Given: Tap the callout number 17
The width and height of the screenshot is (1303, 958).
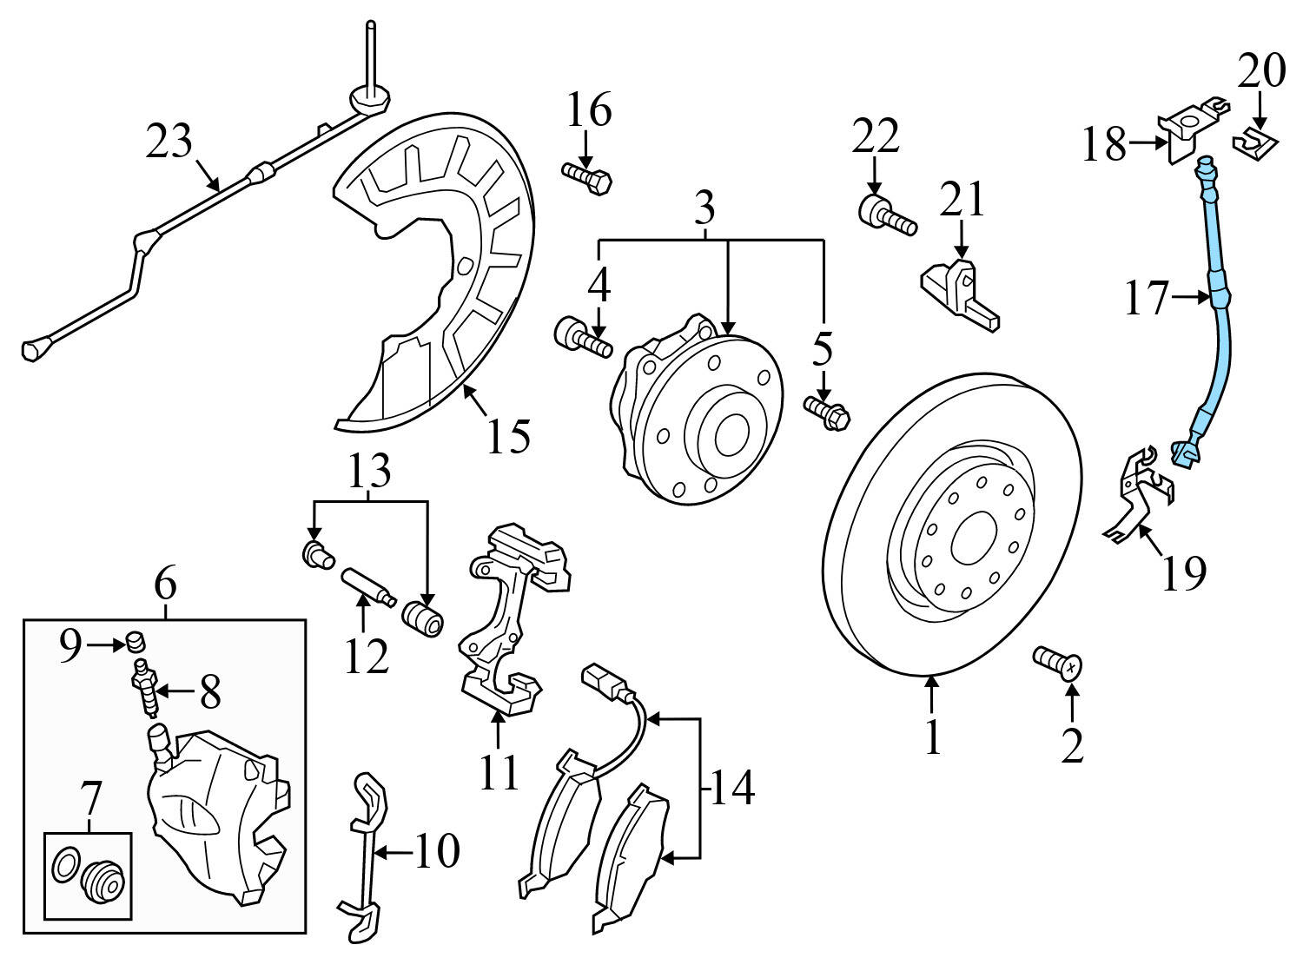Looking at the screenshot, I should pyautogui.click(x=1148, y=299).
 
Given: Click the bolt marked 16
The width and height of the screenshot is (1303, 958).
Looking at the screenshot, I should pyautogui.click(x=587, y=180).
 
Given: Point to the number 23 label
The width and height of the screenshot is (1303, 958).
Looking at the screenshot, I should pyautogui.click(x=169, y=141).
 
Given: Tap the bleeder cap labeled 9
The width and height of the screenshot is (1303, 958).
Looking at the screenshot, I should pyautogui.click(x=135, y=643).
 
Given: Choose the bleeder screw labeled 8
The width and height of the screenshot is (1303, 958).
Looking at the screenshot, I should pyautogui.click(x=146, y=685).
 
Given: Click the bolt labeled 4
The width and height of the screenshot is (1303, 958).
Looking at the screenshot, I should pyautogui.click(x=583, y=338).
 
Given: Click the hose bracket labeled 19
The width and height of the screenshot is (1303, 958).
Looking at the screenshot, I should pyautogui.click(x=1138, y=495).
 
